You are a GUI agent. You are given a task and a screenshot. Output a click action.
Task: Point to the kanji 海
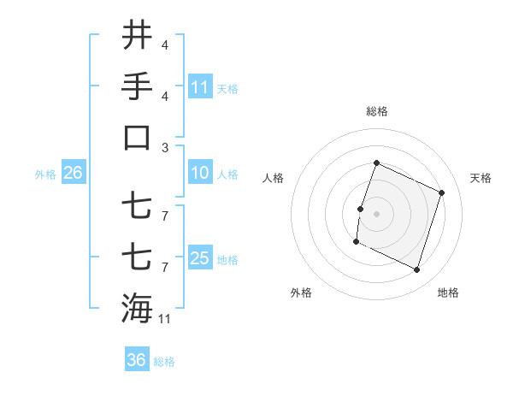(137, 307)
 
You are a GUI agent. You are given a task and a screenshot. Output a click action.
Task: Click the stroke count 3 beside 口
(164, 148)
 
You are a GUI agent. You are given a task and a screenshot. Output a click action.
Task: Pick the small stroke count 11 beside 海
(165, 319)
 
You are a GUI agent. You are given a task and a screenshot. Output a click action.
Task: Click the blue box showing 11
(200, 87)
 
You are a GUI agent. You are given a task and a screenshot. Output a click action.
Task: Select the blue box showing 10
(200, 173)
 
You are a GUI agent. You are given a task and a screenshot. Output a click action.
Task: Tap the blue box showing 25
(200, 258)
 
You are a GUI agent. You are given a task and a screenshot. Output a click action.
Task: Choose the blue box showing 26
(73, 173)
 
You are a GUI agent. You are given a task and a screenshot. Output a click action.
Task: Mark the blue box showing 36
(137, 360)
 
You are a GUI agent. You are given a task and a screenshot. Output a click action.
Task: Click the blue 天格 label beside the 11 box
(227, 88)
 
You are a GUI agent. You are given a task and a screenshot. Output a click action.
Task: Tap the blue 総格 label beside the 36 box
(164, 362)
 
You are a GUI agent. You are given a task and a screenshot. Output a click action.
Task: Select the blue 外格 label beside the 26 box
(45, 174)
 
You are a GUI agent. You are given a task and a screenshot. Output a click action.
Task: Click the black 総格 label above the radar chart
(376, 111)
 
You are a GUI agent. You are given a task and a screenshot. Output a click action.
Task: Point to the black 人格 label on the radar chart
(274, 178)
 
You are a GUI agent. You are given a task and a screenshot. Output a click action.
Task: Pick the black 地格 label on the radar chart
(448, 293)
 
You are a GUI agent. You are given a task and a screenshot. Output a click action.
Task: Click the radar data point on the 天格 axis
(441, 193)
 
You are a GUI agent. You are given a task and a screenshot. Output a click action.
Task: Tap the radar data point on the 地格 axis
(416, 269)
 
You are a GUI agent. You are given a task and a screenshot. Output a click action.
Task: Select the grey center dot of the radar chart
(376, 214)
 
